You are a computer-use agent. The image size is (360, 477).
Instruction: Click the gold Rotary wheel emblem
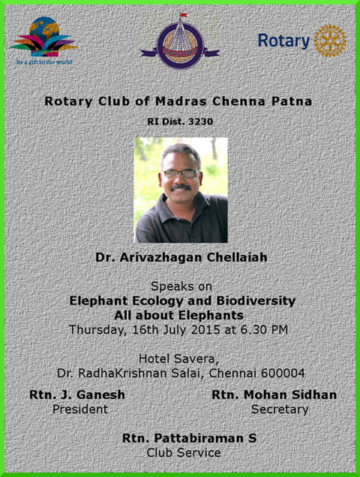tap(330, 41)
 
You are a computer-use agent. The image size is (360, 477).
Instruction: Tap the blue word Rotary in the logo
tap(283, 41)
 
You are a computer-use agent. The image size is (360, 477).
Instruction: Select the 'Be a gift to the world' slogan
tap(44, 62)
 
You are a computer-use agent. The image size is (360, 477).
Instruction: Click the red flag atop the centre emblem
tap(183, 15)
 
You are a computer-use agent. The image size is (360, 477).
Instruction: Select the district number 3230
tap(200, 121)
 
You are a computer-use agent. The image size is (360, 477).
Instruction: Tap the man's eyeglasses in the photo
tap(180, 174)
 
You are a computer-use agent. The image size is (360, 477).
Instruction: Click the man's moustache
tap(181, 187)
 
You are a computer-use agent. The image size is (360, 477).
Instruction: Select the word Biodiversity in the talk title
tap(256, 301)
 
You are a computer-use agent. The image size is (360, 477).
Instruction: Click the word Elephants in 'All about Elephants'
tap(211, 315)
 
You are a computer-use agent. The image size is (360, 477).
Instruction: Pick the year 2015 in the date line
tap(205, 330)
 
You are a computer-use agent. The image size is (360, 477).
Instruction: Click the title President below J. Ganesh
tap(80, 409)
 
